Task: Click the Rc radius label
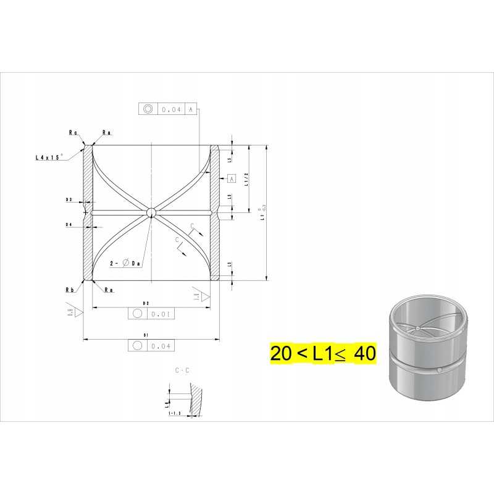[73, 132]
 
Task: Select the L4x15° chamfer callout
[50, 157]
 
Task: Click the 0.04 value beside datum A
[170, 109]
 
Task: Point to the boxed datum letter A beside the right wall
[232, 178]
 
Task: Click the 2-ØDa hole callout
[127, 263]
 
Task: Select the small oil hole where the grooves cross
[151, 212]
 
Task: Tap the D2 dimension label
[146, 304]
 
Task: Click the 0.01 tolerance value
[159, 314]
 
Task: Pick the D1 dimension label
[146, 335]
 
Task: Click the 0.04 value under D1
[159, 345]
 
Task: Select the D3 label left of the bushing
[69, 200]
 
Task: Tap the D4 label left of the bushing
[69, 225]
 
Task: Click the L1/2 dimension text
[246, 179]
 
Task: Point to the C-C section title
[182, 371]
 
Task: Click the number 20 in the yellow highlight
[281, 354]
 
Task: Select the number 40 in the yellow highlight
[364, 354]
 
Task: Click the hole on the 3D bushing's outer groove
[439, 370]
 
